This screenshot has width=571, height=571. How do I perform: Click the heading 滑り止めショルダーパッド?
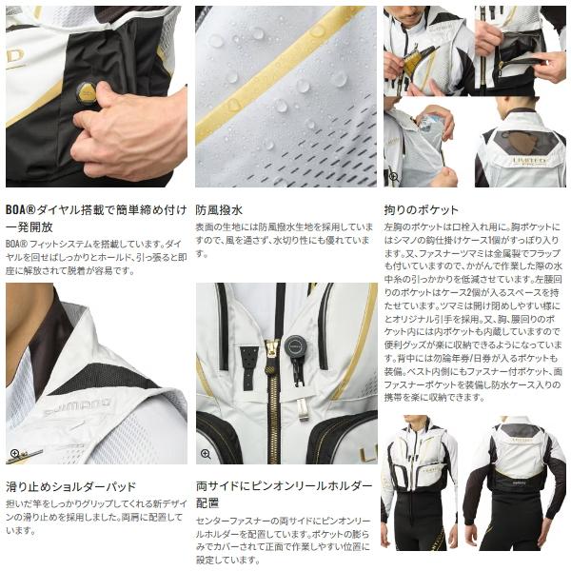[x=71, y=485]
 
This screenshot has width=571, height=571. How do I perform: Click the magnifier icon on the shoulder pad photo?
[x=14, y=454]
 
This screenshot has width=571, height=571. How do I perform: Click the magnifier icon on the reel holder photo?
[x=205, y=454]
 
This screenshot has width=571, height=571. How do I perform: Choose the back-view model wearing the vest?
[x=519, y=485]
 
